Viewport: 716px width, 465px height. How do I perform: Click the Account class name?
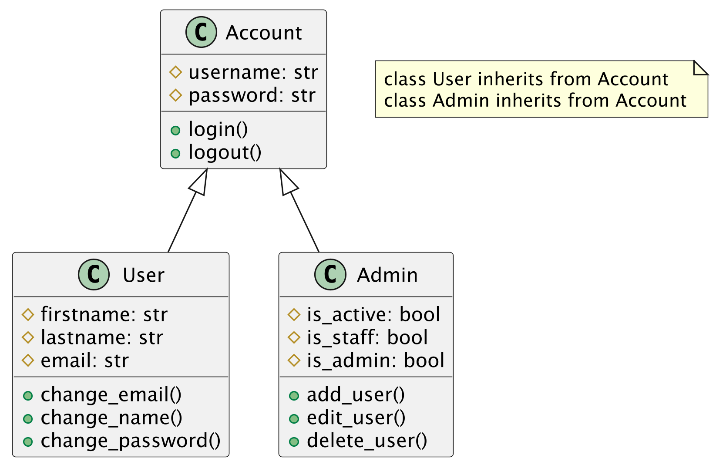pos(263,33)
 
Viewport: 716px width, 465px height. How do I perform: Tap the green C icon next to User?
pos(94,274)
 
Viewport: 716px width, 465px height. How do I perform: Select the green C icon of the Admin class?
pos(330,274)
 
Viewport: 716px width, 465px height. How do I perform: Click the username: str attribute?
pos(253,72)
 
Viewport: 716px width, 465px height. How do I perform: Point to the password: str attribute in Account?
pos(252,95)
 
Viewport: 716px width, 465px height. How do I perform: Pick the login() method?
pos(218,129)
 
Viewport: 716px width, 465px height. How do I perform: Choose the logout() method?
pos(225,152)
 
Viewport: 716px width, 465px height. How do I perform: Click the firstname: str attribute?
pos(104,314)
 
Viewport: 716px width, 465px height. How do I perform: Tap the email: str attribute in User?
pos(85,361)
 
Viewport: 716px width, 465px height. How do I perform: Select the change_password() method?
pos(131,441)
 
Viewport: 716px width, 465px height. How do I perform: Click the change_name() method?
pos(111,418)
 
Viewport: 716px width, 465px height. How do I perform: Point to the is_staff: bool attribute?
pos(367,337)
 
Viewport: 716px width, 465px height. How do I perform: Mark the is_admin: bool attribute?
pos(375,361)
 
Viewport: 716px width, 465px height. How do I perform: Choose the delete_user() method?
pos(367,441)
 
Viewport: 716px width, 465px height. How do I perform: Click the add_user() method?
pos(356,394)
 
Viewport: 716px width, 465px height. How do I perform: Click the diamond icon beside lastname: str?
pos(28,337)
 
